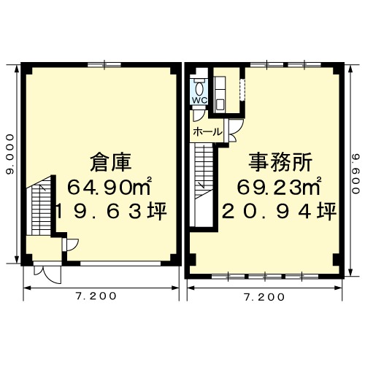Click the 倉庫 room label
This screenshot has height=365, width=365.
[x=111, y=162]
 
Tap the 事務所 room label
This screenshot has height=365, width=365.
[x=280, y=162]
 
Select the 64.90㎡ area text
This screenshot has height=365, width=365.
[x=109, y=187]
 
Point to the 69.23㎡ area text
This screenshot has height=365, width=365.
[x=280, y=187]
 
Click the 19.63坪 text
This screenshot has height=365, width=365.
[x=112, y=211]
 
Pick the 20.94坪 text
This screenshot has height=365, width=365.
[x=280, y=211]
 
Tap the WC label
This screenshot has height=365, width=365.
[x=199, y=100]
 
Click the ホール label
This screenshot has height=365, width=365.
[x=207, y=132]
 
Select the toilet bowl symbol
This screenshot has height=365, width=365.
[x=199, y=89]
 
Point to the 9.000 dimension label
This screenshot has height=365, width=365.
[x=10, y=155]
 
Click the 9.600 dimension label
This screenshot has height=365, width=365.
[x=356, y=173]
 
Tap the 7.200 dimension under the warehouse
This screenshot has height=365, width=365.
[x=96, y=296]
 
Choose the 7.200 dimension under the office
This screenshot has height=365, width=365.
[x=264, y=297]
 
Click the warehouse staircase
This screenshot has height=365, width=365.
[x=41, y=206]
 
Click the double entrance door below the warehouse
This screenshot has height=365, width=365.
[x=47, y=274]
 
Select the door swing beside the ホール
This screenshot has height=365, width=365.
[x=235, y=131]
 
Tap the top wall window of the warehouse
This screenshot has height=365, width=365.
[x=104, y=64]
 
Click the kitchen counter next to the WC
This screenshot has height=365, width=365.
[x=220, y=94]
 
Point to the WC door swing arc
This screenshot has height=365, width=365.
[x=199, y=116]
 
